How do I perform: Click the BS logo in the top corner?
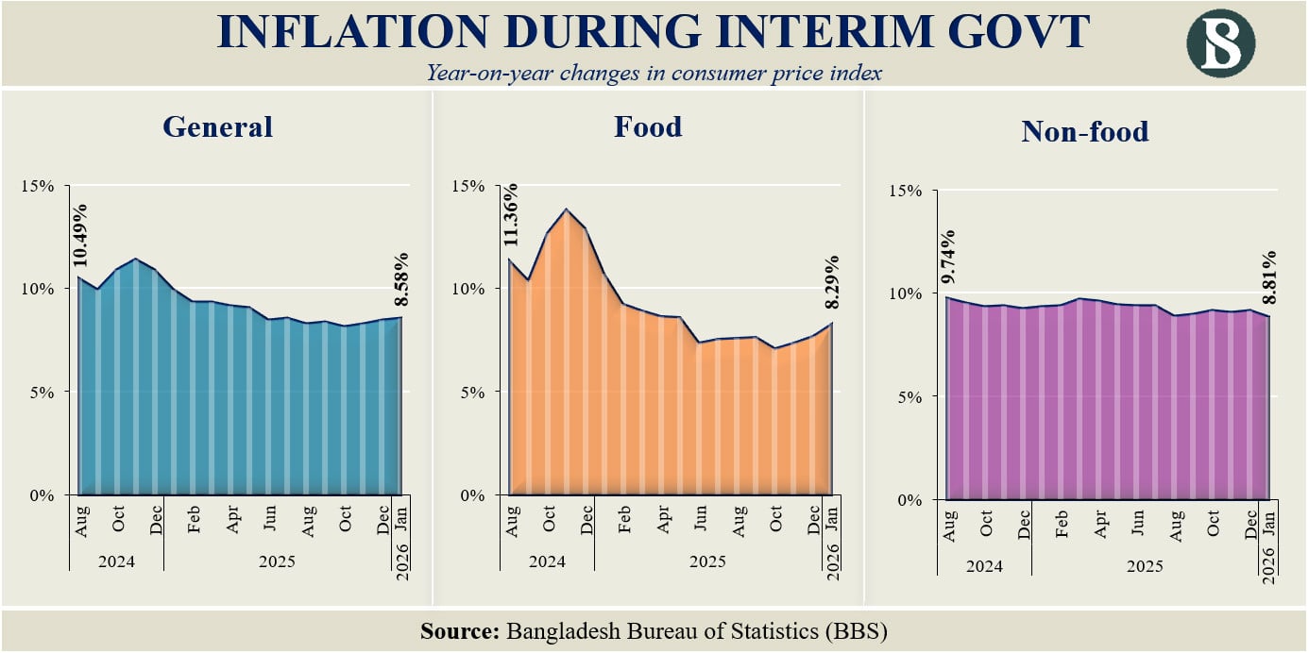pos(1221,43)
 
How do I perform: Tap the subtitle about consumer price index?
pos(654,73)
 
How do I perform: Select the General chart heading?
pos(217,126)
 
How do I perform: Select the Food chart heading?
pos(648,126)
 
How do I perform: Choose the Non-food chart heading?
pos(1085,131)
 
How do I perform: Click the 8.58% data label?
pos(401,278)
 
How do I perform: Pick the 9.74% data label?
pos(949,258)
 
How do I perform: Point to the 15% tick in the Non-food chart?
pos(907,191)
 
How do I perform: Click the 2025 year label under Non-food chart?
pos(1144,566)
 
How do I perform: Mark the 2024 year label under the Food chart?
pos(547,561)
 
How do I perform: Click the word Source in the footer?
pos(459,631)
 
